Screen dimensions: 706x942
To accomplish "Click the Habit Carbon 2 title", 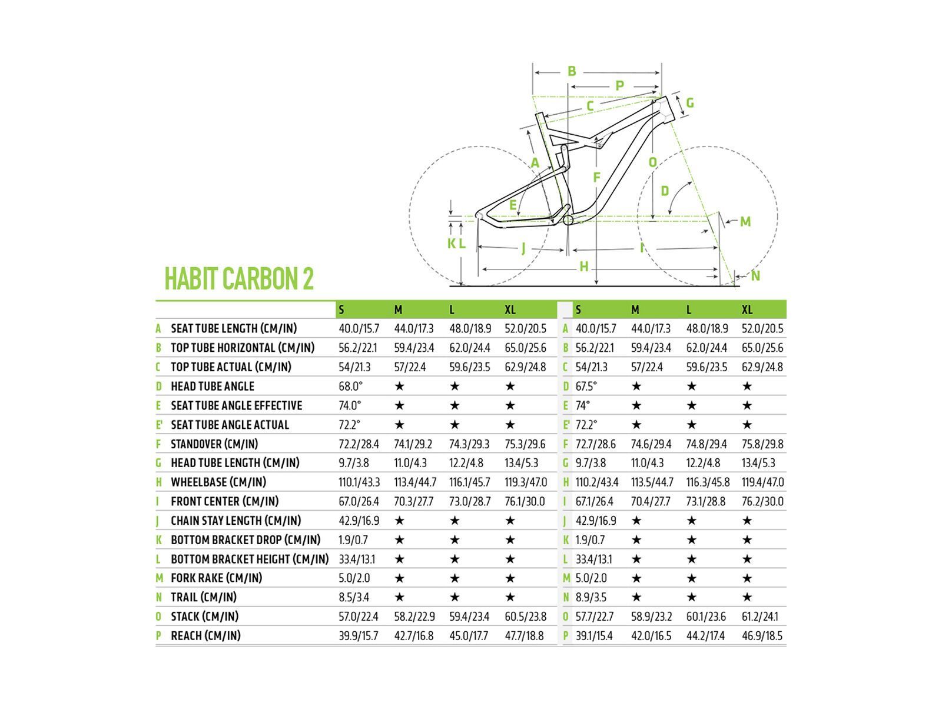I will (x=239, y=278).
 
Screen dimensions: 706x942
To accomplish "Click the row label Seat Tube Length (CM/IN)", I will (x=234, y=328).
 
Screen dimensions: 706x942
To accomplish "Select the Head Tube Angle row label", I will (x=213, y=386).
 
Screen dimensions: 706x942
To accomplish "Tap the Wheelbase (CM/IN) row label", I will (x=218, y=482).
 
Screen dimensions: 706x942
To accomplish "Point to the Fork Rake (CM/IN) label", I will (x=216, y=578).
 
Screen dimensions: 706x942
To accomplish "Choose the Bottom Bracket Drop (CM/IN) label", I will (x=246, y=540).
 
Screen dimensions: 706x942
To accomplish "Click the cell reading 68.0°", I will (x=351, y=386).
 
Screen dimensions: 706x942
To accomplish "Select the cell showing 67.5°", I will (x=586, y=386).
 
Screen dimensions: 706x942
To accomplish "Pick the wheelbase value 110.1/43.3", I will (x=359, y=482).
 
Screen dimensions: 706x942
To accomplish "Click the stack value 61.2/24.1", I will (x=759, y=617).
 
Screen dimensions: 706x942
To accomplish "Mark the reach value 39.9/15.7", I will (x=359, y=635).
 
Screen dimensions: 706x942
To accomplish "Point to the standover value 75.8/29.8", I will (x=762, y=444).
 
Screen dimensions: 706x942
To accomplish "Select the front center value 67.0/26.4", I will (x=359, y=501).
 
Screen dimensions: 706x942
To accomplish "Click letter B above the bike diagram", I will (x=572, y=71).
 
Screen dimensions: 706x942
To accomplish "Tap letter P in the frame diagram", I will (x=619, y=86).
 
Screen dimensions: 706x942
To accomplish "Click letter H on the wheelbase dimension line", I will (x=584, y=267).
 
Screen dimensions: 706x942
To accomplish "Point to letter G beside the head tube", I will (x=690, y=103).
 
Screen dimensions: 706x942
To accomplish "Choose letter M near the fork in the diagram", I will (x=745, y=222).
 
